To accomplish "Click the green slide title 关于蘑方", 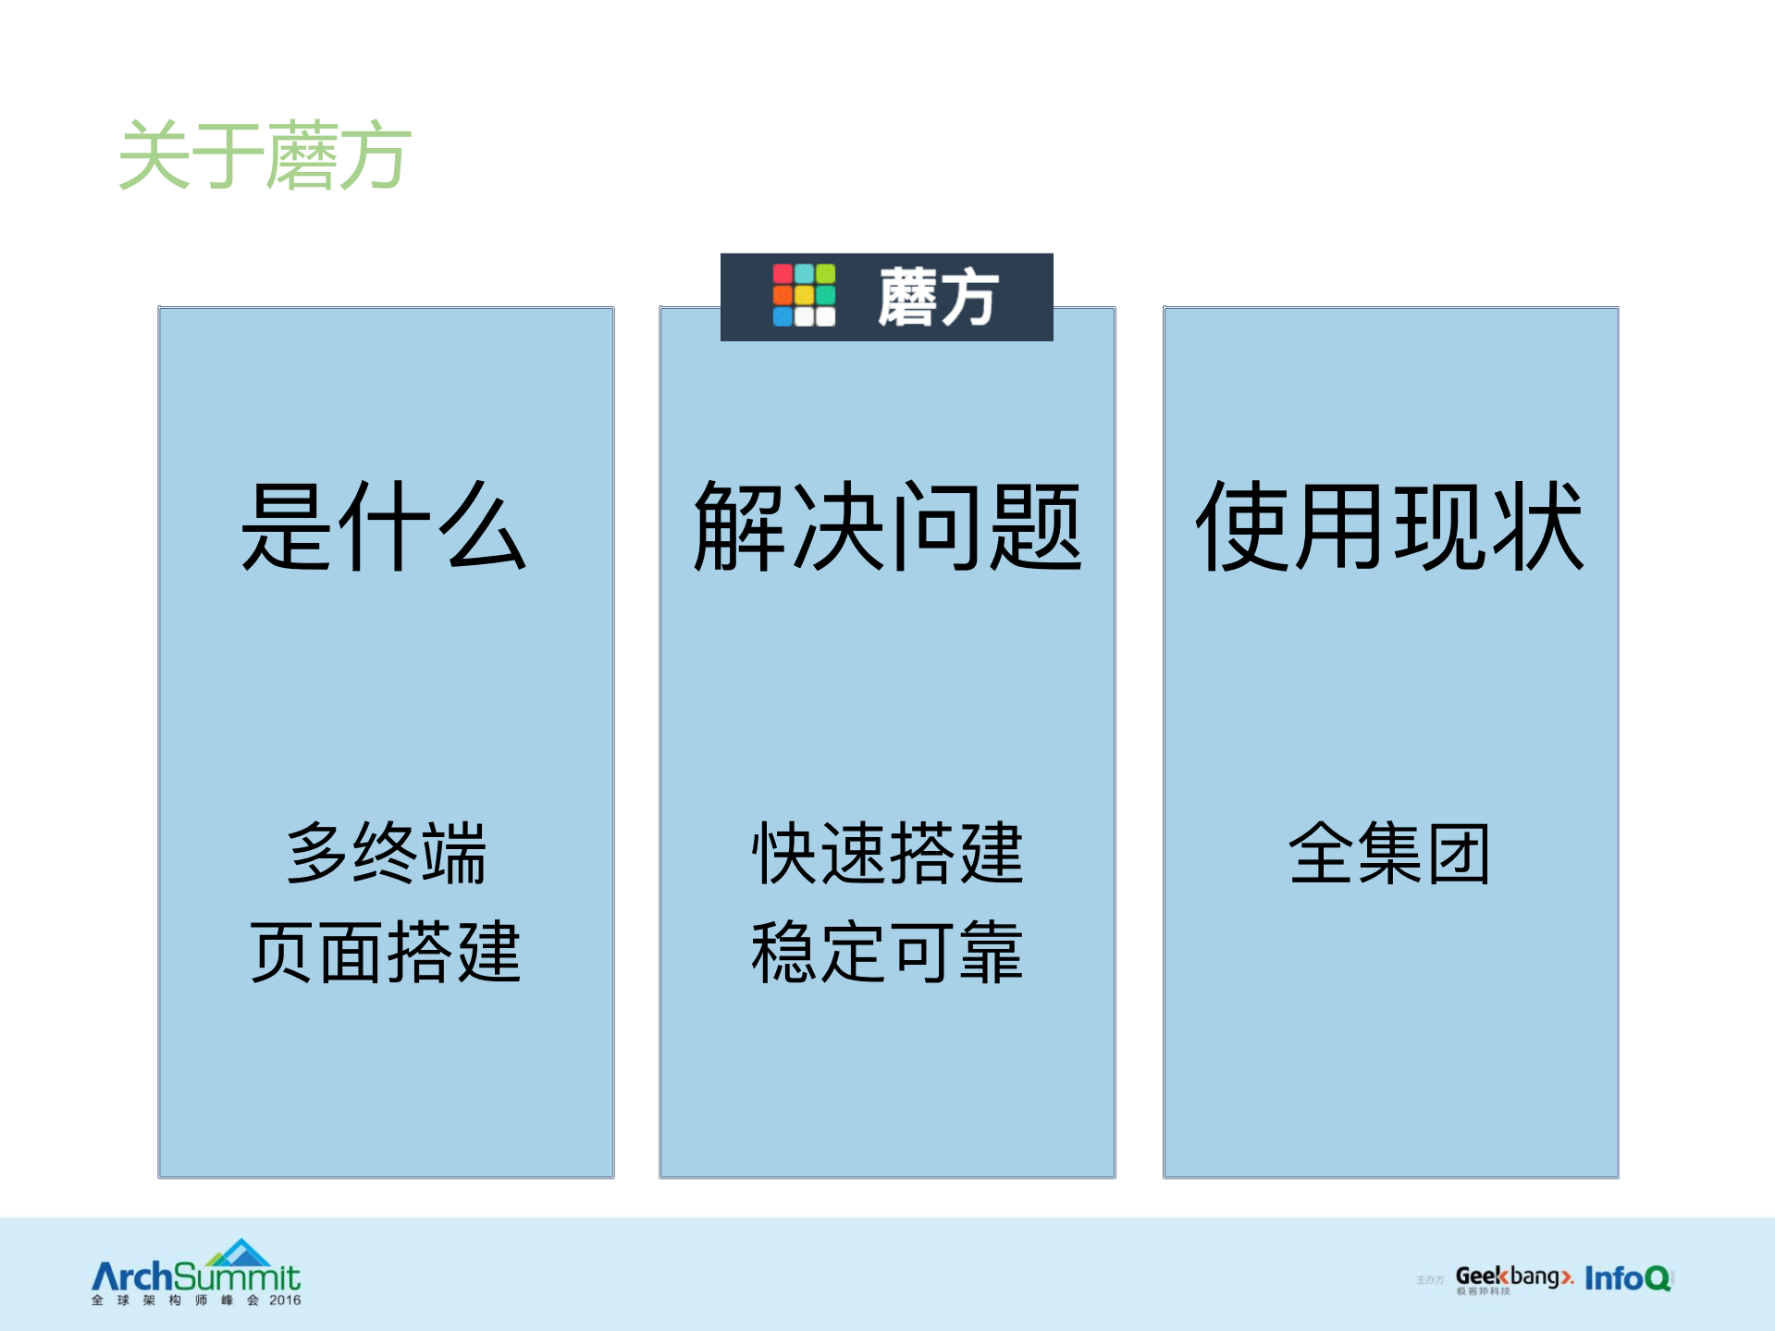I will coord(265,156).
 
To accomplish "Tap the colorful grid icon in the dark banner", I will coord(804,295).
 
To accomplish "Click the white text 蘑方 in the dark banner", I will coord(937,297).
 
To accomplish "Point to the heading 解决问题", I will coord(887,526).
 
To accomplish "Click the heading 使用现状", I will coord(1390,526).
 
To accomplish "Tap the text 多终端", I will coord(386,853).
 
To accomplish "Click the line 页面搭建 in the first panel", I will coord(386,952).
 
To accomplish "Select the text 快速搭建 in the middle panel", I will coord(887,853).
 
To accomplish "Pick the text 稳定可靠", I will coord(887,952).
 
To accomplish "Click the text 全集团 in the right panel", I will coord(1389,853).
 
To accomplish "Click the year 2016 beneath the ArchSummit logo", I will coord(285,1300).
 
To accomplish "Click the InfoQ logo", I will coord(1628,1278).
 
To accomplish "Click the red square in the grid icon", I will coord(783,274).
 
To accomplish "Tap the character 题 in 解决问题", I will coord(1035,526).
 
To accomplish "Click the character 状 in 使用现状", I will coord(1537,526).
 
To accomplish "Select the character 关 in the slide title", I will coord(154,156).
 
